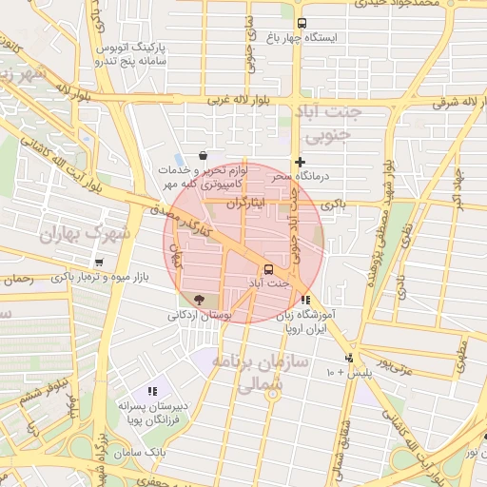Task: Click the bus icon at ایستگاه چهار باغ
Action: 302,24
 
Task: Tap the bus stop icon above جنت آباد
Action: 269,269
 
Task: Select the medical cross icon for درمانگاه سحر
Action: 300,163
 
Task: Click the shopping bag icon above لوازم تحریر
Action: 203,155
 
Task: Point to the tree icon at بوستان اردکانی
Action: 199,300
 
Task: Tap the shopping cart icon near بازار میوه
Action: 100,263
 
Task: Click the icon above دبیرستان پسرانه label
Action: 152,391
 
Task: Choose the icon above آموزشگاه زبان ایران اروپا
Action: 304,300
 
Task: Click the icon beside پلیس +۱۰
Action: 350,358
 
